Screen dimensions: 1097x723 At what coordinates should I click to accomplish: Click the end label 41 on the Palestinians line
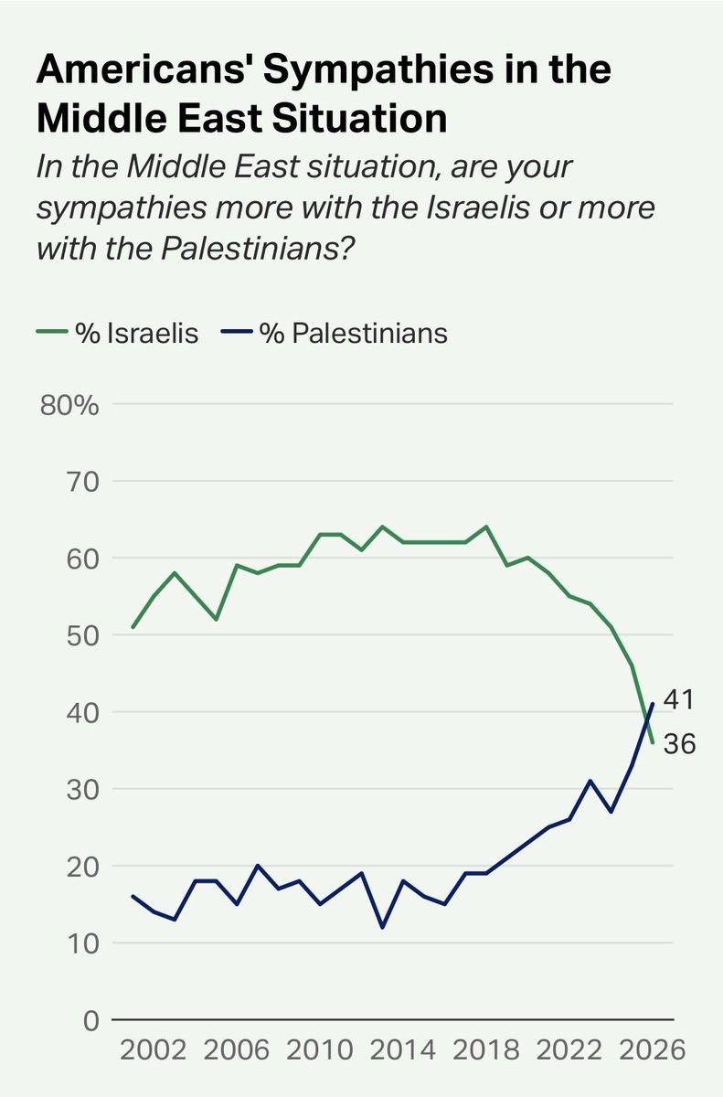677,701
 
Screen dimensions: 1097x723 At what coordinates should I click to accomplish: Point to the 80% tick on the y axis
69,404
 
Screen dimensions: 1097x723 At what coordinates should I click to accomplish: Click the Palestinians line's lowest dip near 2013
381,927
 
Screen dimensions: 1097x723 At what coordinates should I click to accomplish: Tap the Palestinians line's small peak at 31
590,781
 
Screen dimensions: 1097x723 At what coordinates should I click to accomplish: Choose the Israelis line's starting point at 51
133,627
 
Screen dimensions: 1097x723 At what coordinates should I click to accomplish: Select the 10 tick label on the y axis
80,943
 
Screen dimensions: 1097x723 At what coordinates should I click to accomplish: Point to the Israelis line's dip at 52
217,619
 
